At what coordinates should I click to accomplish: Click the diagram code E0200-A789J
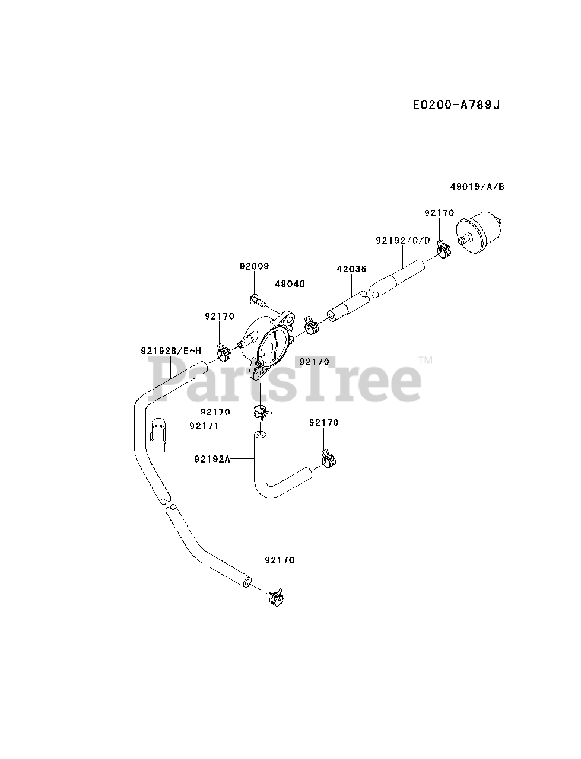point(456,105)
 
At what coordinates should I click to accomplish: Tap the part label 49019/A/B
point(477,187)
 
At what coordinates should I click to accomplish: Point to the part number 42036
point(351,269)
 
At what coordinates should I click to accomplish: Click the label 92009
point(254,267)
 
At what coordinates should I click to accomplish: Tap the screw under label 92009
point(258,300)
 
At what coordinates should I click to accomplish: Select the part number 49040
point(290,284)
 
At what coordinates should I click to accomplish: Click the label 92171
point(204,426)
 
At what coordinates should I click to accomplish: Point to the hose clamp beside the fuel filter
point(443,249)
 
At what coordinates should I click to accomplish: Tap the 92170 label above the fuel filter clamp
point(439,213)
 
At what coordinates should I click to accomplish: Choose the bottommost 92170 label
point(280,560)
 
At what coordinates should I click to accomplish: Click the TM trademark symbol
point(425,360)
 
